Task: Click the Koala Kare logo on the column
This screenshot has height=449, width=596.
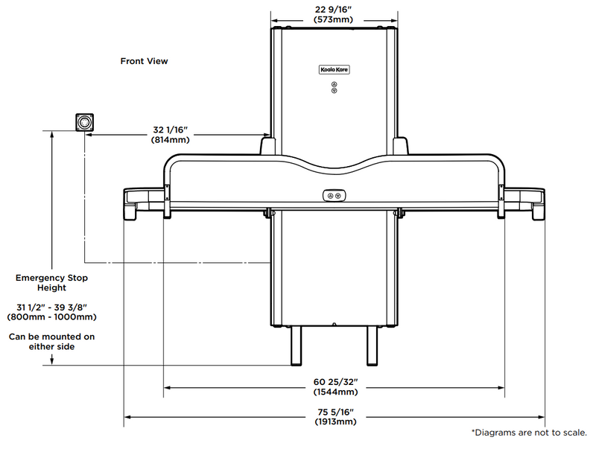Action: pyautogui.click(x=334, y=69)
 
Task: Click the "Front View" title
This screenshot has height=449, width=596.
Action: pyautogui.click(x=144, y=61)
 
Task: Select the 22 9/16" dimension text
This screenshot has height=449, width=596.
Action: pyautogui.click(x=334, y=9)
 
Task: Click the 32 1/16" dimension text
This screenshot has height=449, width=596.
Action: pyautogui.click(x=171, y=130)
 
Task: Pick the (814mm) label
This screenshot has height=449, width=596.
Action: pyautogui.click(x=171, y=139)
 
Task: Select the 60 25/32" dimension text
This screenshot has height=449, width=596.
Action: pyautogui.click(x=335, y=382)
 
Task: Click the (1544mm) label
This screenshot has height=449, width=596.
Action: pyautogui.click(x=335, y=392)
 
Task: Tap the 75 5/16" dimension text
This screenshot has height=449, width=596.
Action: pyautogui.click(x=335, y=412)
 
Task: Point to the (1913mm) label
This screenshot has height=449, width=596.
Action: pyautogui.click(x=335, y=421)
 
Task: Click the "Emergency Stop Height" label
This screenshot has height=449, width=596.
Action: pyautogui.click(x=52, y=283)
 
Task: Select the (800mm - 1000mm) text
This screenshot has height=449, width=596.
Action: pyautogui.click(x=52, y=316)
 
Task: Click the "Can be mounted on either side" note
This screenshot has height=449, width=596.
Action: pyautogui.click(x=52, y=341)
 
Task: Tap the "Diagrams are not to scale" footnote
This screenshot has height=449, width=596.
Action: pyautogui.click(x=530, y=433)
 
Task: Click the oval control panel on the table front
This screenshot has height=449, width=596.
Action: pyautogui.click(x=334, y=195)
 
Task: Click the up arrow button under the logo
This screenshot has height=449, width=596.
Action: pyautogui.click(x=334, y=84)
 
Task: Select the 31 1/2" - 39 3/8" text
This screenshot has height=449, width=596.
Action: pyautogui.click(x=52, y=307)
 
